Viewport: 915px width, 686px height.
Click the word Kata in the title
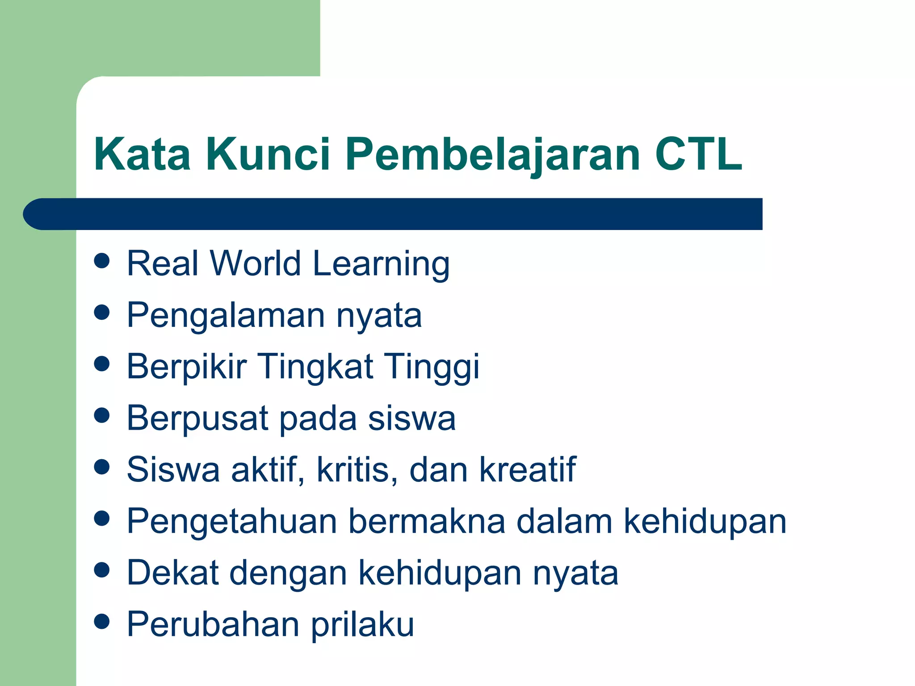click(142, 154)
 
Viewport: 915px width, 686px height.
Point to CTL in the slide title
click(698, 154)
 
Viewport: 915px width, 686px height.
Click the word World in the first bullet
click(256, 264)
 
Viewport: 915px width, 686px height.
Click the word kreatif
click(528, 469)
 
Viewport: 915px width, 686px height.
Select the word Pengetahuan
click(232, 522)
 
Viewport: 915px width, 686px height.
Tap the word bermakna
click(427, 521)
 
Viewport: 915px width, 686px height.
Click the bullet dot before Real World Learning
click(102, 261)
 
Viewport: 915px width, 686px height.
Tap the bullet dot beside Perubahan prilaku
click(102, 621)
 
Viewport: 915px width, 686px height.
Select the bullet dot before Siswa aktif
click(102, 467)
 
